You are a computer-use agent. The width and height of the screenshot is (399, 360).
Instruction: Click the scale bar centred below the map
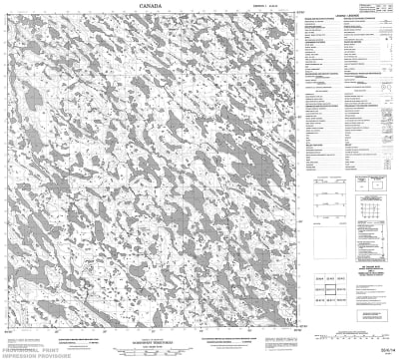pyautogui.click(x=160, y=342)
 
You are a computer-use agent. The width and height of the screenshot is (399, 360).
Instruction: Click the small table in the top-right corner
pyautogui.click(x=380, y=10)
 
